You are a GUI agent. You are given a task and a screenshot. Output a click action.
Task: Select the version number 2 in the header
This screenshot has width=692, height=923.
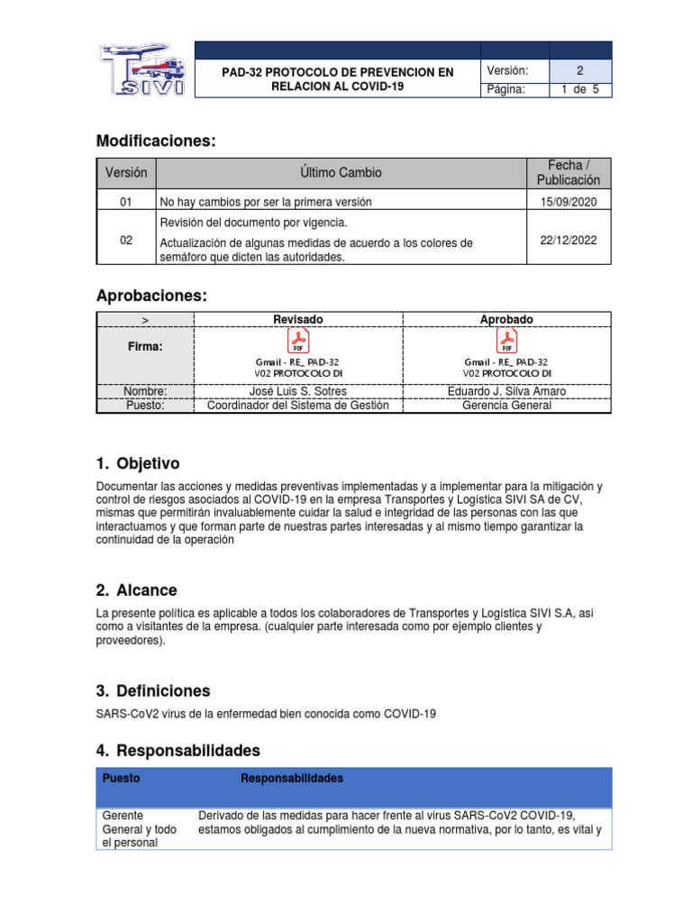pyautogui.click(x=579, y=71)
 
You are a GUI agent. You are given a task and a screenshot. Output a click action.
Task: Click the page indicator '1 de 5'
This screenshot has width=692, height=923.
pyautogui.click(x=579, y=89)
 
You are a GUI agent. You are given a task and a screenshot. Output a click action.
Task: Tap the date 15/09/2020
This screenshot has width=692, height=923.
pyautogui.click(x=569, y=201)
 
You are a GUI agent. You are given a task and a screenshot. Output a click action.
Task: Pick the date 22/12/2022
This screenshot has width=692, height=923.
pyautogui.click(x=569, y=241)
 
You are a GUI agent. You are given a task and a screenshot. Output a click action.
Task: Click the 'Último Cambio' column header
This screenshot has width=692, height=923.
pyautogui.click(x=341, y=172)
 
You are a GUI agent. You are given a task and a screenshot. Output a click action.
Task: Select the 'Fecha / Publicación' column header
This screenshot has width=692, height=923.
pyautogui.click(x=569, y=172)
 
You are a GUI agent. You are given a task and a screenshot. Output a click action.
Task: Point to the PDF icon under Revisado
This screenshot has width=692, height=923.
pyautogui.click(x=298, y=341)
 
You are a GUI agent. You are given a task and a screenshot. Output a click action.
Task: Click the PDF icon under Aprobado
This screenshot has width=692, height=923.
pyautogui.click(x=507, y=341)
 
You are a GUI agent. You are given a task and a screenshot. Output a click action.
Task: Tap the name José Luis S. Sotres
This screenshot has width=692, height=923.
pyautogui.click(x=298, y=391)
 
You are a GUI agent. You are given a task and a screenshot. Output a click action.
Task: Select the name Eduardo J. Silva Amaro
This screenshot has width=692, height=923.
pyautogui.click(x=507, y=391)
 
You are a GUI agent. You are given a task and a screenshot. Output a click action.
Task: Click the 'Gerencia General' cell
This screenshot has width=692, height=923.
pyautogui.click(x=507, y=406)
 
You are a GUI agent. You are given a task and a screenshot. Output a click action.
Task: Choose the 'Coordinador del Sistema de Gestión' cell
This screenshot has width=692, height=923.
pyautogui.click(x=298, y=406)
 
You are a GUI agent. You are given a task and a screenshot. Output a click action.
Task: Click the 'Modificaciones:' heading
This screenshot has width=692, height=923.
pyautogui.click(x=156, y=141)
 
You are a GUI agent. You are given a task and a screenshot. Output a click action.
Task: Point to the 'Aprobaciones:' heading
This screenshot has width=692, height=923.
pyautogui.click(x=151, y=297)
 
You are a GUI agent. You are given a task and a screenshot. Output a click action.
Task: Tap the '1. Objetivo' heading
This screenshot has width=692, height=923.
pyautogui.click(x=138, y=463)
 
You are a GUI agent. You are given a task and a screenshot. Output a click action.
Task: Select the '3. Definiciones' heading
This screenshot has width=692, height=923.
pyautogui.click(x=153, y=690)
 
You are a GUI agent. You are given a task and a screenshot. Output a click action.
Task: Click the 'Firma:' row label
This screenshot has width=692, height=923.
pyautogui.click(x=145, y=347)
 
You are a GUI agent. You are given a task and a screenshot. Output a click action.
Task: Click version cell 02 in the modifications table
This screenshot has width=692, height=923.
pyautogui.click(x=126, y=241)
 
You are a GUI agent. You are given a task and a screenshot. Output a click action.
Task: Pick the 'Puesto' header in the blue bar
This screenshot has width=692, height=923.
pyautogui.click(x=122, y=778)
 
